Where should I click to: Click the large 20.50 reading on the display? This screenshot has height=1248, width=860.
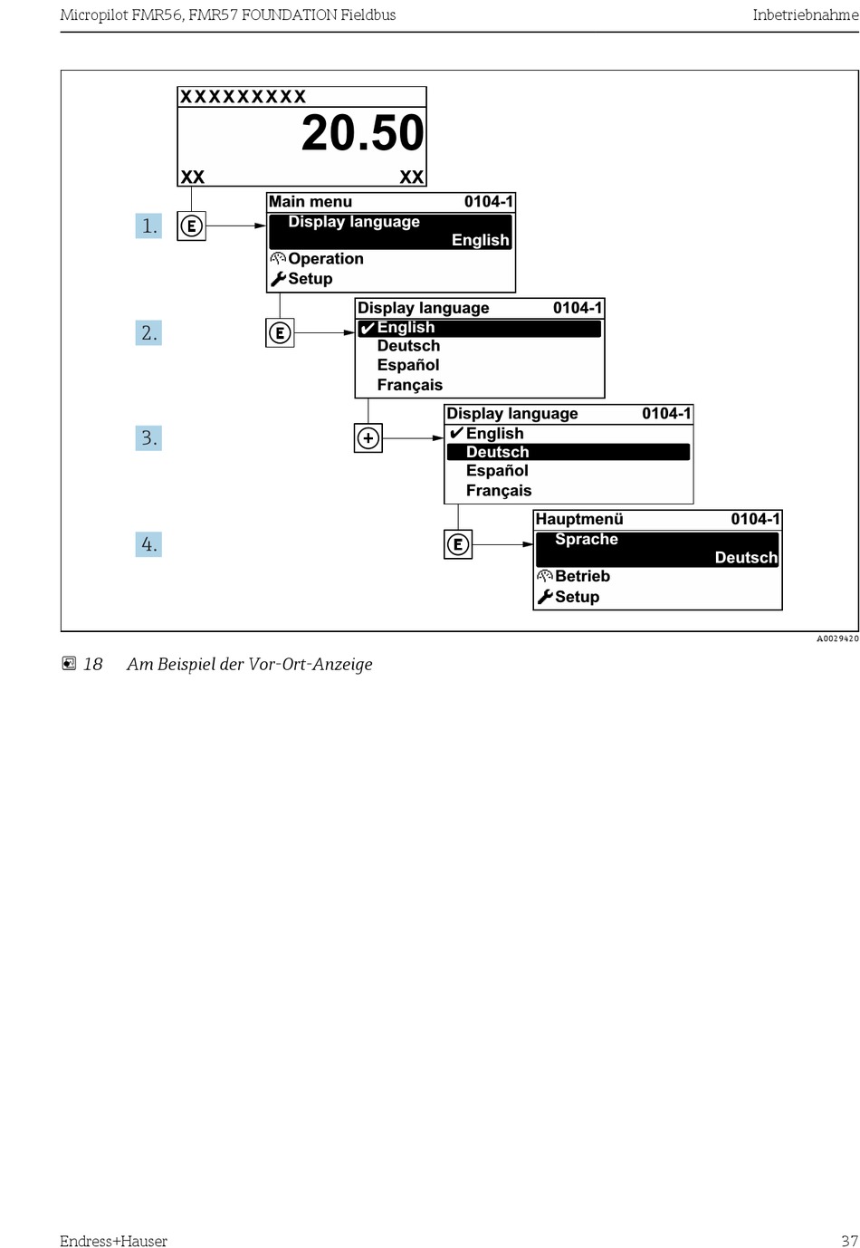click(362, 133)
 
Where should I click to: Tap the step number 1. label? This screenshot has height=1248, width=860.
click(148, 226)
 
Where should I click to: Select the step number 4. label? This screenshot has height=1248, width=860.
click(148, 544)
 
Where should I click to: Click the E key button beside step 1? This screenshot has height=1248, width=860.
click(192, 226)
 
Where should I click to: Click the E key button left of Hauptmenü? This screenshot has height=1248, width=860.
click(458, 544)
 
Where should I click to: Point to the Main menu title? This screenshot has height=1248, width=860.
click(311, 202)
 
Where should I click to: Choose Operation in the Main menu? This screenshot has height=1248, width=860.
click(325, 259)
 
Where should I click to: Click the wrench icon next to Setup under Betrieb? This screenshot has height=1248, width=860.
click(544, 597)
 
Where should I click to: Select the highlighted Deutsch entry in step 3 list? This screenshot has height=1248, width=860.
click(497, 452)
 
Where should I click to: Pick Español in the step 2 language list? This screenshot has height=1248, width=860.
click(408, 365)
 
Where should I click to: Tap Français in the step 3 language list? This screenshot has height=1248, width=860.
click(499, 491)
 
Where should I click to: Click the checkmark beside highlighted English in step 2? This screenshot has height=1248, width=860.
click(367, 328)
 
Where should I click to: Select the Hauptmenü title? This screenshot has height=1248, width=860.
click(579, 520)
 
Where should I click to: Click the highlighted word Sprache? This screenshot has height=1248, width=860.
click(587, 540)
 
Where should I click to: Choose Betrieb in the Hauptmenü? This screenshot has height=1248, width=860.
click(582, 577)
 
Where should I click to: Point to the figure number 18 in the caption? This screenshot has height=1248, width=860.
click(92, 665)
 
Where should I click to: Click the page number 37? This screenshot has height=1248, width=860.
click(848, 1241)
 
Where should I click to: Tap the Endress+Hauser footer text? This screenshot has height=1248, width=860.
click(113, 1241)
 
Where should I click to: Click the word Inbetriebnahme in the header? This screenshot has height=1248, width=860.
click(805, 15)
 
